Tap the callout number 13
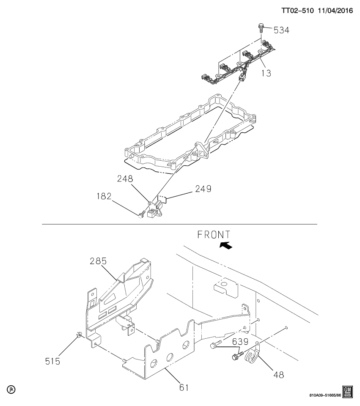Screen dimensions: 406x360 266,73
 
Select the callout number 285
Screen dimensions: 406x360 98,261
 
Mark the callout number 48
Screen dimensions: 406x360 278,374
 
